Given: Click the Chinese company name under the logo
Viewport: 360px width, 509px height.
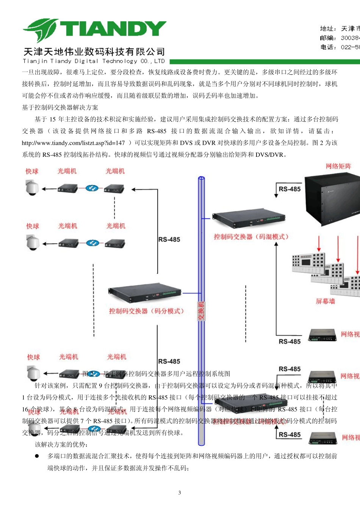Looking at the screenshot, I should [94, 52].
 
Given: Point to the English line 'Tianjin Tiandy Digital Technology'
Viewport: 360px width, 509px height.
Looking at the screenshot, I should [94, 61].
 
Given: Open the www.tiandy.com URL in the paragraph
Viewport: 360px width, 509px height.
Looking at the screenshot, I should [74, 143].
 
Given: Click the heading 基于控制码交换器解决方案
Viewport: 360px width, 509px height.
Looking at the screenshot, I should [60, 108].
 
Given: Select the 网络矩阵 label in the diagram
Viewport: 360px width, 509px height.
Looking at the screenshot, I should [338, 166].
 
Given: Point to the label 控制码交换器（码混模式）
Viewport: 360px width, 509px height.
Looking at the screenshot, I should [251, 237].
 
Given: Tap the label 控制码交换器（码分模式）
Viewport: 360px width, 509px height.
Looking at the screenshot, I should [146, 311].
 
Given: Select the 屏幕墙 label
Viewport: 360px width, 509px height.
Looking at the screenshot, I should [325, 301].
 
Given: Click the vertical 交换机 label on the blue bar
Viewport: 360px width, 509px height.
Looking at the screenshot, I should [201, 311].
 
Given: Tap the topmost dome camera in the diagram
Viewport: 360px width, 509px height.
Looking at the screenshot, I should [32, 188].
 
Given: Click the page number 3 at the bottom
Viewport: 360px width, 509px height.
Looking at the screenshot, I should [180, 493].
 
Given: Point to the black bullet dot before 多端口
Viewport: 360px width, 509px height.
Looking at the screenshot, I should [37, 456].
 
